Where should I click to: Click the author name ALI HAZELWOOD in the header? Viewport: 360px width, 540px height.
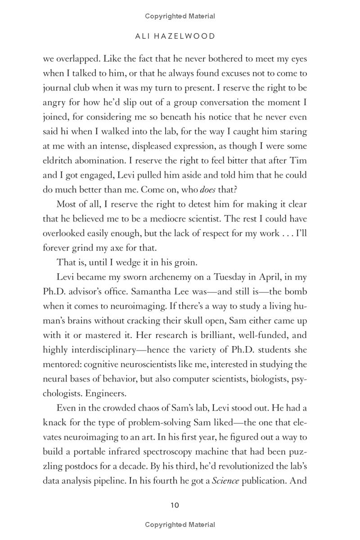[175, 36]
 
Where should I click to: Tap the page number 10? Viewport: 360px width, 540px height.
[175, 505]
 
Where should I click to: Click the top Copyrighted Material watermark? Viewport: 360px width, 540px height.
[180, 16]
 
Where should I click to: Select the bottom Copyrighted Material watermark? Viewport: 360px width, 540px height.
[180, 525]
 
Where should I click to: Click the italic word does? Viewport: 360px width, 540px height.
[207, 189]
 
